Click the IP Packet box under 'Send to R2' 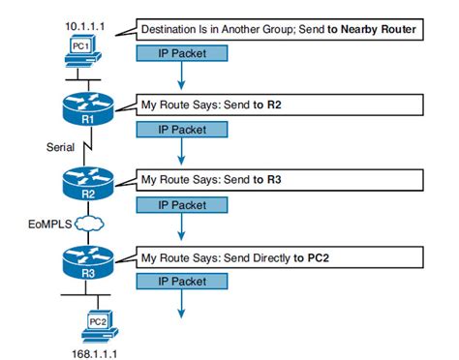[x=181, y=128]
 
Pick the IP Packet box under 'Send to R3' [x=181, y=204]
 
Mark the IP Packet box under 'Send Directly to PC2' [x=181, y=281]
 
